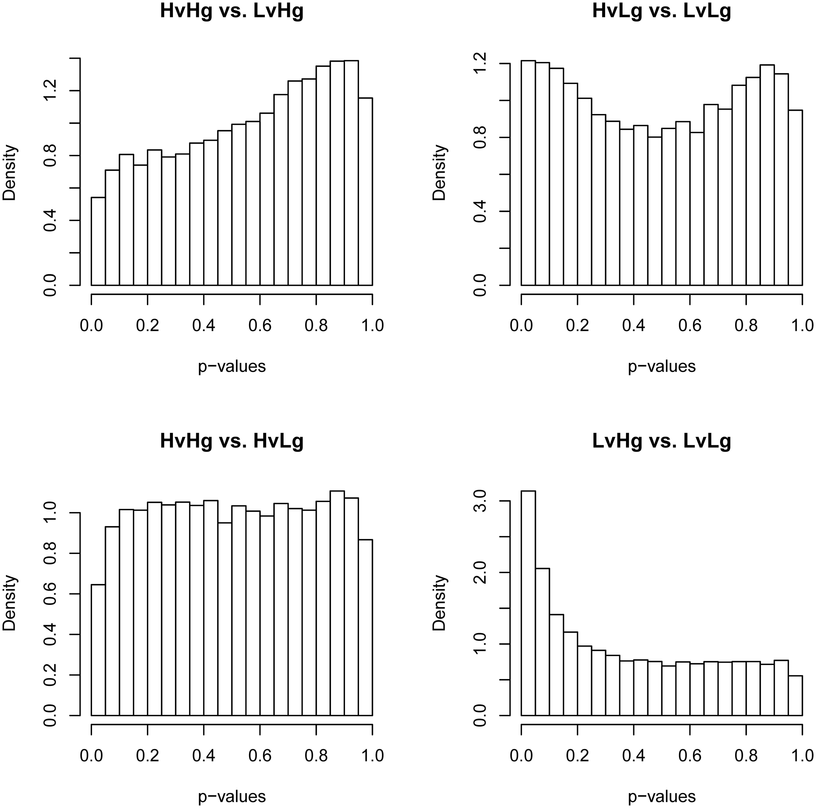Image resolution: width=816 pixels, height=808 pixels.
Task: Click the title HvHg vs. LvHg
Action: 231,11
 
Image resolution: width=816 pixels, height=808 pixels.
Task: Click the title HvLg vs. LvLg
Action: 661,11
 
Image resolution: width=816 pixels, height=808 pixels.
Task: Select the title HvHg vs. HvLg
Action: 231,441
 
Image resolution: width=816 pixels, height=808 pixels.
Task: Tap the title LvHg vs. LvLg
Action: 661,441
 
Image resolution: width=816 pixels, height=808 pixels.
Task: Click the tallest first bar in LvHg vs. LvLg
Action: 528,604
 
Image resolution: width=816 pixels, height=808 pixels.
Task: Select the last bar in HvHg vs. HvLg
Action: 365,628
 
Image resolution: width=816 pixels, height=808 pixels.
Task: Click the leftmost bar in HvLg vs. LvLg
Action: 528,173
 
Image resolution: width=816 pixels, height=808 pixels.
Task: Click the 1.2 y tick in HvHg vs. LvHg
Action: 50,91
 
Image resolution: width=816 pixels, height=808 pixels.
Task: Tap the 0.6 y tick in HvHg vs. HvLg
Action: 50,594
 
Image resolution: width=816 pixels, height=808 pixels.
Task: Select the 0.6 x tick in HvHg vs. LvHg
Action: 260,326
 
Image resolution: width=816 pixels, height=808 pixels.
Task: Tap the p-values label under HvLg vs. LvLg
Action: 661,366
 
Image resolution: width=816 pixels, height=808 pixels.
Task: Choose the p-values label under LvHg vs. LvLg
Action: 661,796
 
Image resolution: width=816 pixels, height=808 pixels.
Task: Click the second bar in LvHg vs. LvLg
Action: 542,642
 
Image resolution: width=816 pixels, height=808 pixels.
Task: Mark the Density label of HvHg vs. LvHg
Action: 9,172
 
